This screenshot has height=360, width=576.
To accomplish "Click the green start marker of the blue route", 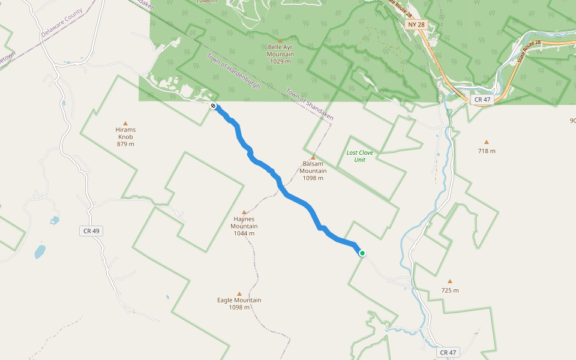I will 362,253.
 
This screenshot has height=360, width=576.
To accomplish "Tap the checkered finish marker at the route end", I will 214,106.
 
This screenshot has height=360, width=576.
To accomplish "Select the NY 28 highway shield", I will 416,25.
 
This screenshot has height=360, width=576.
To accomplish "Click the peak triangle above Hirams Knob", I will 125,123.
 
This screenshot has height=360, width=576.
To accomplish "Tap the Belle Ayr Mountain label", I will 280,54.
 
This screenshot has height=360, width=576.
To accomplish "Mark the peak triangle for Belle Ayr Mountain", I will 280,40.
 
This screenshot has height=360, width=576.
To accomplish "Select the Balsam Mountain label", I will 313,171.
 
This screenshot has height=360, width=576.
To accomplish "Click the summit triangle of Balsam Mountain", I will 313,157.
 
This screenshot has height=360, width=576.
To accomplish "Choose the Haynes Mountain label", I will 244,226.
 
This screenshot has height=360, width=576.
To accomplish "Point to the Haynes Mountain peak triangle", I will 244,212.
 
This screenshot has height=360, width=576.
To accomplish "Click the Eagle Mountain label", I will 239,304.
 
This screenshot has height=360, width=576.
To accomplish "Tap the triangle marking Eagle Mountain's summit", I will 239,294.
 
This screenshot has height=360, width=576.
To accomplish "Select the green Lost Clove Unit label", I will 359,156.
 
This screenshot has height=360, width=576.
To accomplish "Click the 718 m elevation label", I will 487,151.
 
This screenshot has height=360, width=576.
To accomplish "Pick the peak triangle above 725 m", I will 450,281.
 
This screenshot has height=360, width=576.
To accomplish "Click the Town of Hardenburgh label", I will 233,71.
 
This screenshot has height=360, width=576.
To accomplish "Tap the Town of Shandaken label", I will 310,105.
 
